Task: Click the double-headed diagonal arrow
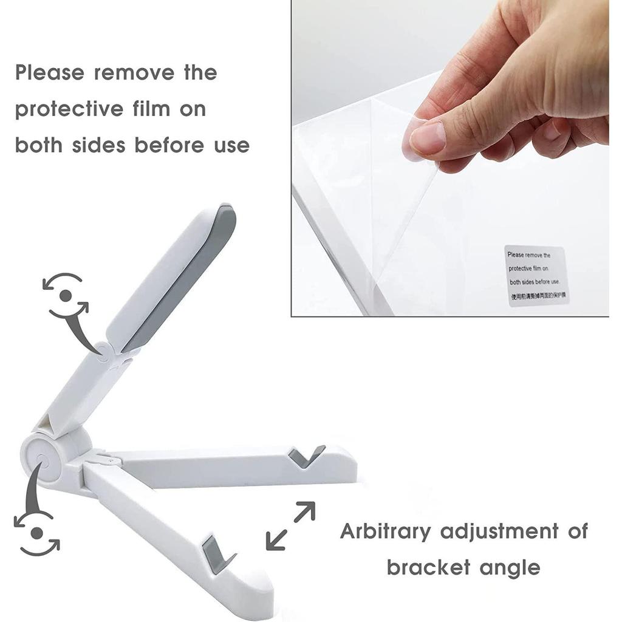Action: pos(291,525)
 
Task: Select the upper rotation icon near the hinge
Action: pos(65,296)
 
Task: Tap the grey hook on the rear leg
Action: pos(305,456)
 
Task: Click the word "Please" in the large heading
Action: pos(50,73)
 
